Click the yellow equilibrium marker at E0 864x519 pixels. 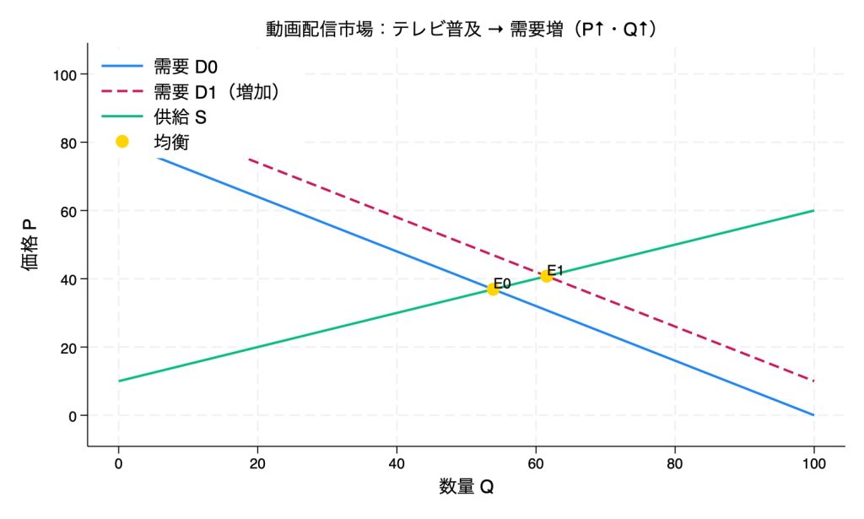pos(493,289)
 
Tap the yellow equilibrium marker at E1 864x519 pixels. pos(546,276)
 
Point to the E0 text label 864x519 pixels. pos(503,283)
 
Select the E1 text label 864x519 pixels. pos(555,270)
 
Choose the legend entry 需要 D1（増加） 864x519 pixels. pos(216,90)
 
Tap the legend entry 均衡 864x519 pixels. pos(171,142)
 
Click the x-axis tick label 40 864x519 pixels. pos(397,462)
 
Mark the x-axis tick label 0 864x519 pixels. pos(118,462)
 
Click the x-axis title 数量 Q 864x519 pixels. pos(466,487)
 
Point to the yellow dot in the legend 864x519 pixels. pos(121,142)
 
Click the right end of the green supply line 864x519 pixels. pos(813,210)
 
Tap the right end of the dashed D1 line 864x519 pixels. pos(813,381)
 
